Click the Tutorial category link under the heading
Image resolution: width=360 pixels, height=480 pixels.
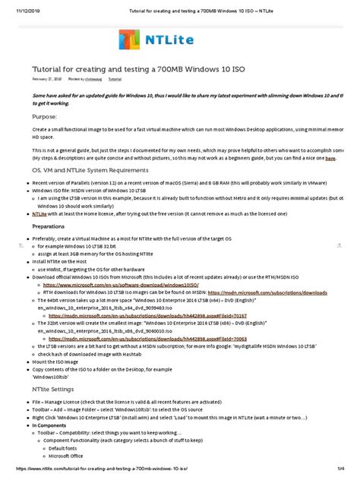point(115,78)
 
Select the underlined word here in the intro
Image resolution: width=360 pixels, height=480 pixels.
point(330,159)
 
